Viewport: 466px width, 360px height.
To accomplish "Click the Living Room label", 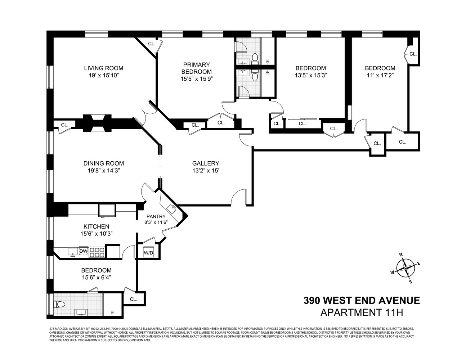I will coord(103,68).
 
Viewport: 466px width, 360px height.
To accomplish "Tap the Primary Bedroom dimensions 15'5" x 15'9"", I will coord(197,78).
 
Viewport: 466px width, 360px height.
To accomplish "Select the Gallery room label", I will coord(205,163).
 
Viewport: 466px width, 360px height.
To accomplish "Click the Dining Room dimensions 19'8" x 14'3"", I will coord(104,171).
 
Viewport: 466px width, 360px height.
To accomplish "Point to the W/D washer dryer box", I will coord(148,253).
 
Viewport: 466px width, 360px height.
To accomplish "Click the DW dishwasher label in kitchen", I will coord(83,251).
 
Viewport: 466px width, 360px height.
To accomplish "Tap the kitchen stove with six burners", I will coord(97,252).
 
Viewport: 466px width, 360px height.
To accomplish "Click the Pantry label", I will coord(156,216).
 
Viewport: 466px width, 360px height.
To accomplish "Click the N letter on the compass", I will coord(401,255).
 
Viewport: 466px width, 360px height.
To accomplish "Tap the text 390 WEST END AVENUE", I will coord(362,300).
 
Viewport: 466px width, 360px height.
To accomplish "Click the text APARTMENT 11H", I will coord(362,312).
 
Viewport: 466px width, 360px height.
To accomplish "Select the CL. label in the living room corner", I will coord(152,44).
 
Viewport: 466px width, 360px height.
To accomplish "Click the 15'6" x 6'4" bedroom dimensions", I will coord(96,277).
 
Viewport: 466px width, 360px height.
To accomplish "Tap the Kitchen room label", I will coord(96,226).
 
